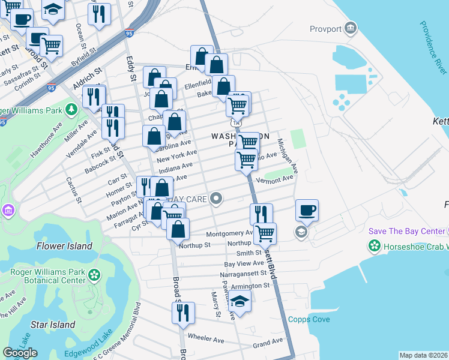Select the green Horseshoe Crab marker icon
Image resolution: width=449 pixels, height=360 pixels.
[x=375, y=245]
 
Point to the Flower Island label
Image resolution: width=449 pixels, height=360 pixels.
[x=64, y=245]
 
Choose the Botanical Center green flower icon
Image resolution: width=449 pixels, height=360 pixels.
[x=94, y=275]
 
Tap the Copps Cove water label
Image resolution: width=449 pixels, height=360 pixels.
[x=309, y=319]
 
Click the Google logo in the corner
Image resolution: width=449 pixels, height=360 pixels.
[x=19, y=352]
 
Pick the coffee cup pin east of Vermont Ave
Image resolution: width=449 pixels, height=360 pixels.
[x=307, y=210]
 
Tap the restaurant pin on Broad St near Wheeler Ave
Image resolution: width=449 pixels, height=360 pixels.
[x=183, y=313]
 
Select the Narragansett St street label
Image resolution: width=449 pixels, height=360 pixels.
[x=245, y=274]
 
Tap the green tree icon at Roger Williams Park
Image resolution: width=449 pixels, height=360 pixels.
[x=71, y=109]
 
